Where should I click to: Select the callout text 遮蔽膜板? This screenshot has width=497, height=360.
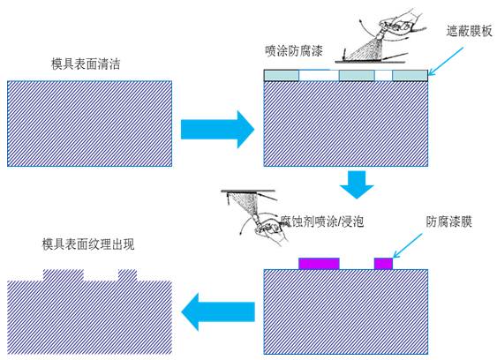click(x=469, y=31)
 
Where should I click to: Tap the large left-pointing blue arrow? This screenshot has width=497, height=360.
click(x=217, y=309)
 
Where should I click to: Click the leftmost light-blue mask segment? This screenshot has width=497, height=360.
click(x=282, y=77)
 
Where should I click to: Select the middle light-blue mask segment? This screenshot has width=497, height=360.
click(x=357, y=77)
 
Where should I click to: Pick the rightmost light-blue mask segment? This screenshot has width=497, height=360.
click(x=410, y=77)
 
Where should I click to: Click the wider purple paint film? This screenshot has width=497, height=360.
click(x=320, y=263)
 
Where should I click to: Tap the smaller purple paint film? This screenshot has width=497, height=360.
click(x=383, y=263)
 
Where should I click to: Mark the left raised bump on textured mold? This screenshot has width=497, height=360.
click(x=64, y=274)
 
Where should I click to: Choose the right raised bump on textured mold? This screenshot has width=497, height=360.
click(x=128, y=274)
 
